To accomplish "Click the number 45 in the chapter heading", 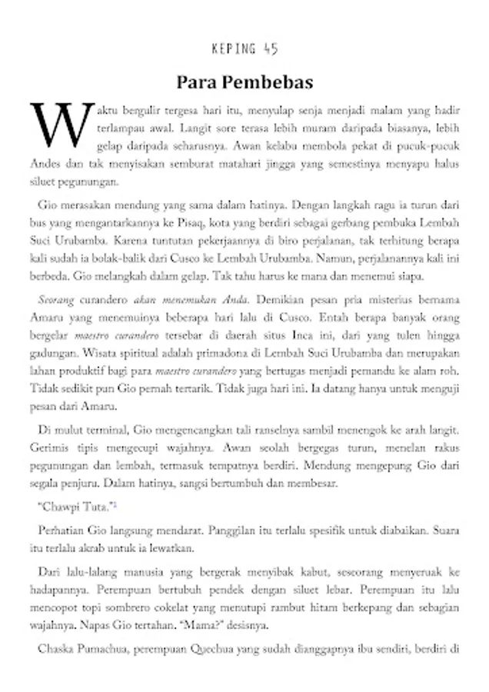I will tap(269, 50).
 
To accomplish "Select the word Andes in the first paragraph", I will tap(45, 164).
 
